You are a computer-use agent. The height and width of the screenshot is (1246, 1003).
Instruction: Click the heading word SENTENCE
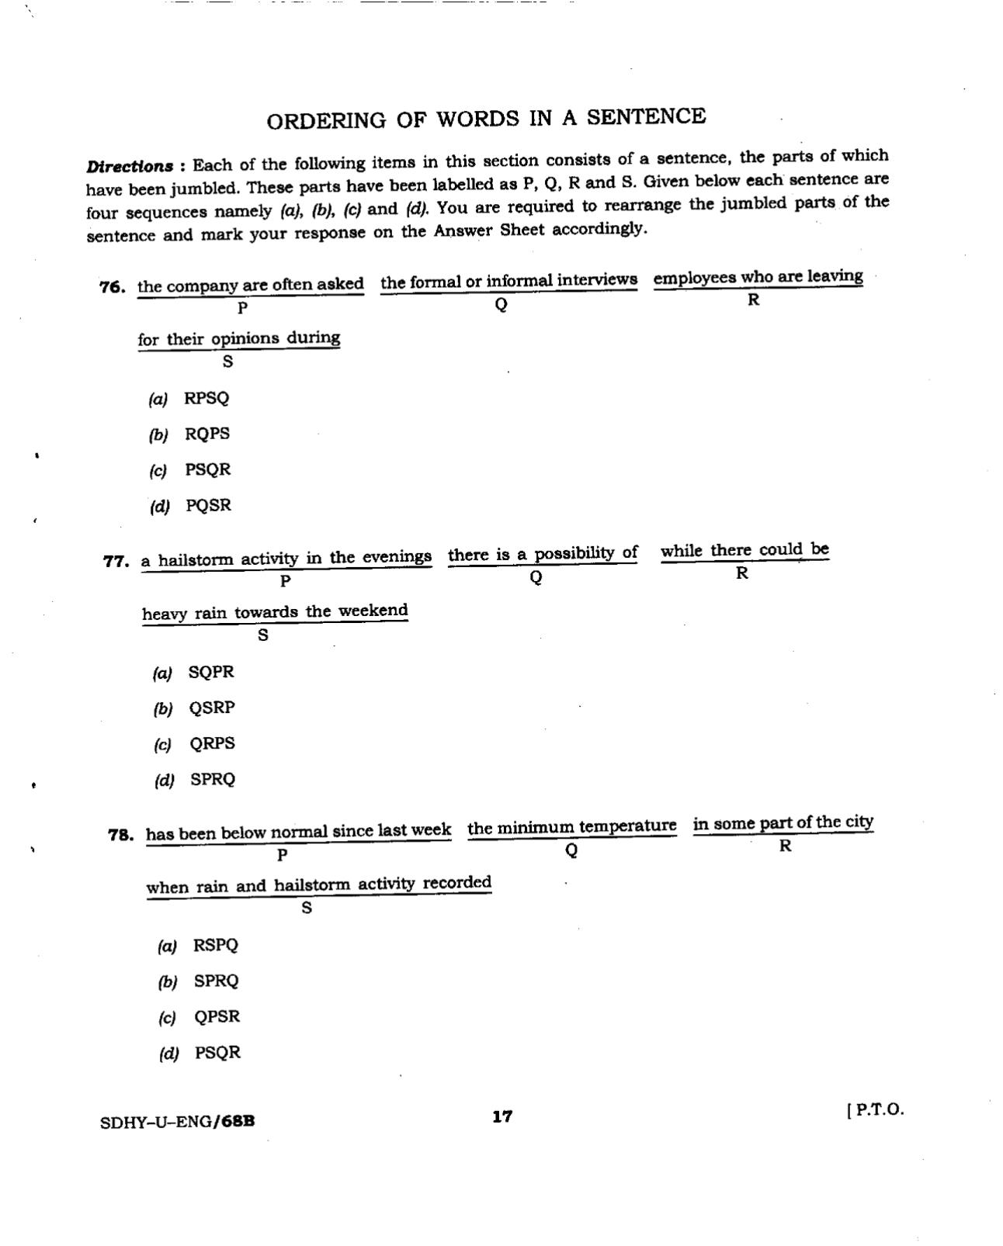pos(646,117)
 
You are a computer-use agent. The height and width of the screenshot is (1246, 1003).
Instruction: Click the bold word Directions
pos(130,167)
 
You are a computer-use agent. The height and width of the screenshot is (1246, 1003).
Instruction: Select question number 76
pos(113,287)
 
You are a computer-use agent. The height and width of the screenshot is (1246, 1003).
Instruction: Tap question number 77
pos(116,561)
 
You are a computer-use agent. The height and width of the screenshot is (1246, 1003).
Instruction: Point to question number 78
pos(120,835)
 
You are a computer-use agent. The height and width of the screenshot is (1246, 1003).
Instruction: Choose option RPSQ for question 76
pos(206,399)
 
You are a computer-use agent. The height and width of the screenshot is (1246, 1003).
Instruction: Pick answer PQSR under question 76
pos(208,506)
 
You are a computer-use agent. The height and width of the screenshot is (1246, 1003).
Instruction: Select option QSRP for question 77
pos(212,708)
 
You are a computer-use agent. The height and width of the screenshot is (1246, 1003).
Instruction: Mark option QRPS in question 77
pos(212,744)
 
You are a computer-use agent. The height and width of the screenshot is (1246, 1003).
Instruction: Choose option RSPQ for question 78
pos(216,946)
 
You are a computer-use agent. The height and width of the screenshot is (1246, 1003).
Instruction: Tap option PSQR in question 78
pos(217,1053)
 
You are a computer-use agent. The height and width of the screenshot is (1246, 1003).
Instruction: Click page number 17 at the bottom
pos(502,1116)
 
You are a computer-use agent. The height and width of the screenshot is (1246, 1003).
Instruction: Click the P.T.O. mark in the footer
pos(876,1109)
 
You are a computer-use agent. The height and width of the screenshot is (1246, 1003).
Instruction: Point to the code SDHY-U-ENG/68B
pos(178,1122)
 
